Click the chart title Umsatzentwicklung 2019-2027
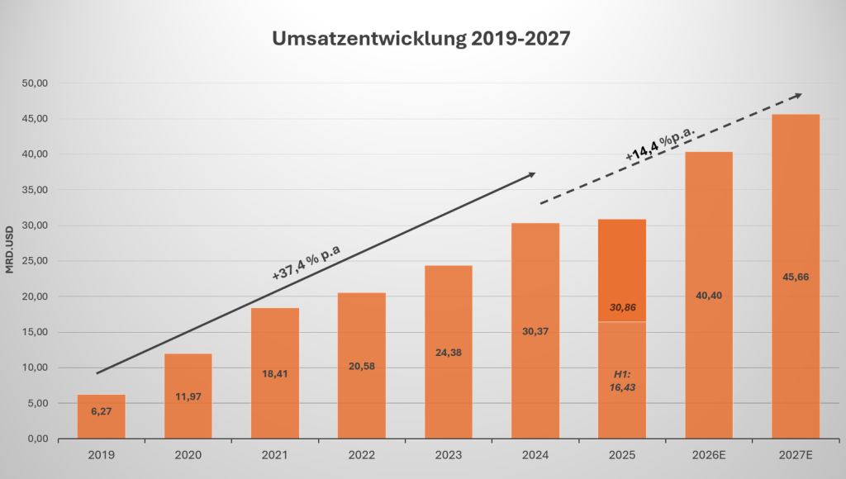[x=421, y=40]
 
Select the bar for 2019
[x=101, y=417]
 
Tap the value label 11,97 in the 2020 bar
[x=188, y=396]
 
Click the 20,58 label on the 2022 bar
[x=362, y=366]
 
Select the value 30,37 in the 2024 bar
[x=535, y=331]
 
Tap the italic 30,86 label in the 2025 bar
[x=622, y=306]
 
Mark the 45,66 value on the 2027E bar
[x=796, y=277]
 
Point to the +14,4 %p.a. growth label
[x=660, y=140]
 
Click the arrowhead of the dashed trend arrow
[x=796, y=96]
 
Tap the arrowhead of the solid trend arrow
[x=531, y=174]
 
